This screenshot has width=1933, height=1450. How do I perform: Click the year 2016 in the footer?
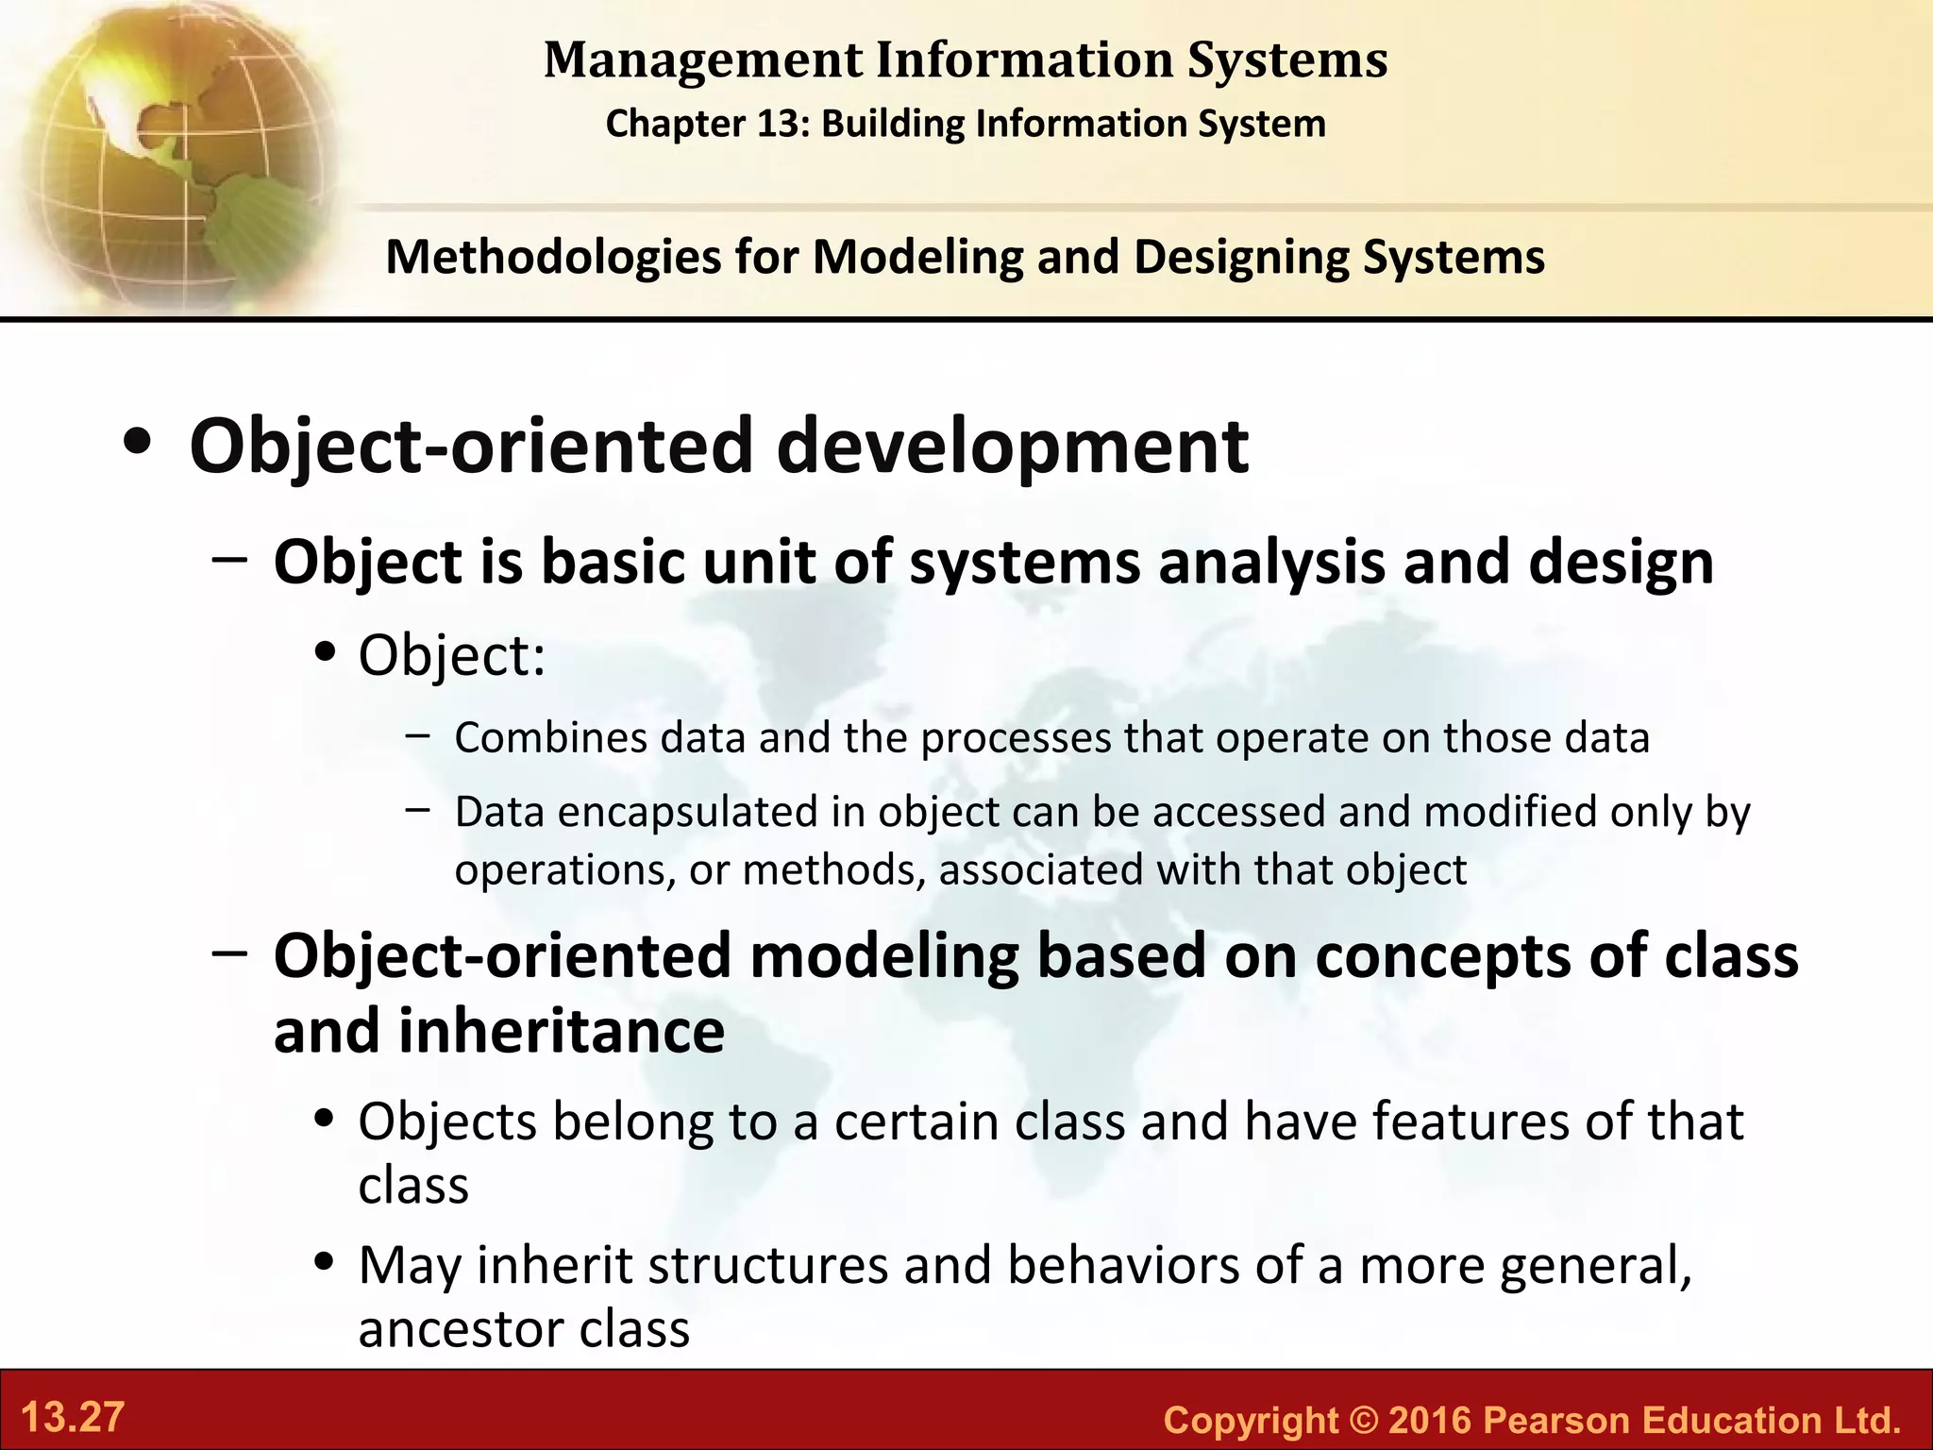[1430, 1420]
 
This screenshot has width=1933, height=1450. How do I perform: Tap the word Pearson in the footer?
[1556, 1420]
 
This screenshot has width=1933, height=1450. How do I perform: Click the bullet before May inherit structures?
[326, 1263]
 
